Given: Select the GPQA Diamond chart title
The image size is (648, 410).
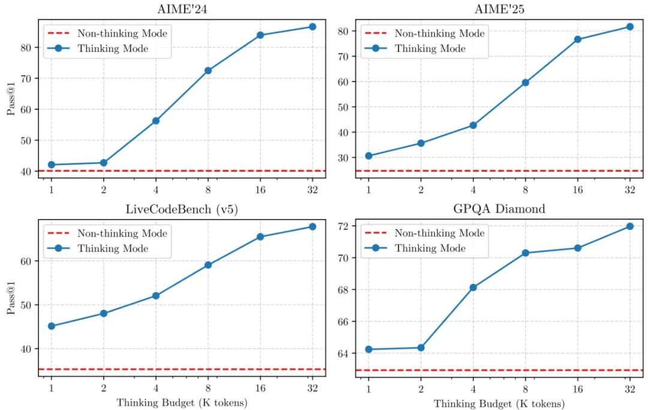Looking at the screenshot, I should pyautogui.click(x=499, y=209).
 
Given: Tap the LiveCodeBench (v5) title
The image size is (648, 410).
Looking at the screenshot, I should pyautogui.click(x=182, y=209).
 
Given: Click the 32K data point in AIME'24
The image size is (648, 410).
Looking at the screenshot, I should pyautogui.click(x=312, y=26).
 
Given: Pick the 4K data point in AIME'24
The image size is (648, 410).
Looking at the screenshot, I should pyautogui.click(x=156, y=121).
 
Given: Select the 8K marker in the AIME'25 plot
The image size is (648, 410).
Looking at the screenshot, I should pyautogui.click(x=525, y=82).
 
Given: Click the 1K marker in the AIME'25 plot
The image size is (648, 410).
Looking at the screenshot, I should pyautogui.click(x=369, y=155).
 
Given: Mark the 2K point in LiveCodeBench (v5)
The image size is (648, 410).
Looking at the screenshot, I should pyautogui.click(x=103, y=313).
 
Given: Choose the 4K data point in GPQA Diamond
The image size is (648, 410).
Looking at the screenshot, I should pyautogui.click(x=473, y=288).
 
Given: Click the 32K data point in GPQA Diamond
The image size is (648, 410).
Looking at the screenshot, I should pyautogui.click(x=630, y=226).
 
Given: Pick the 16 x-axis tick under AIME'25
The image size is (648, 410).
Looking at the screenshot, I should pyautogui.click(x=577, y=189).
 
